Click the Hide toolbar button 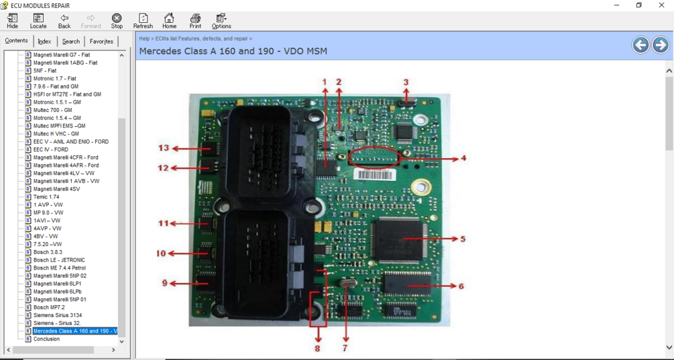coord(12,21)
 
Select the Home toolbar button coord(169,21)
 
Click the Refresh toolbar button coord(143,21)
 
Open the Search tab coord(70,42)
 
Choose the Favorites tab coord(101,42)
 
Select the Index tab coord(44,42)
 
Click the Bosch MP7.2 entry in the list coord(49,308)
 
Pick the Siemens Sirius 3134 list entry coord(58,315)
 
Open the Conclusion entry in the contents coord(46,339)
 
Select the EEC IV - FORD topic coord(51,149)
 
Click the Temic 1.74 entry coord(46,197)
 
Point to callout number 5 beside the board coord(463,239)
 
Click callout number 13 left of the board coord(164,148)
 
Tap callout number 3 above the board coord(406,82)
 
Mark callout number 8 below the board coord(317,348)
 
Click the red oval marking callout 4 coord(374,157)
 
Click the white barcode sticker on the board coord(374,175)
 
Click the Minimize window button coord(616,5)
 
